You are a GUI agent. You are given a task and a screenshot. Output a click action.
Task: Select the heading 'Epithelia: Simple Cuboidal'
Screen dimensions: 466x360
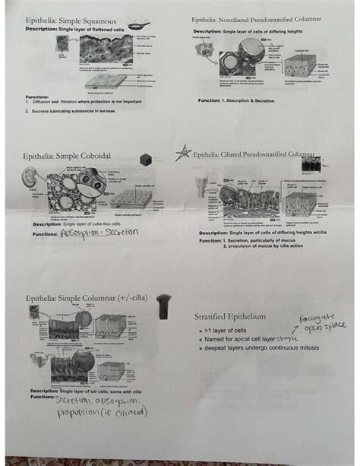click(x=68, y=155)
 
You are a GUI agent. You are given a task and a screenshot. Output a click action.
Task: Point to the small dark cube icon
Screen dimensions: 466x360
click(x=146, y=160)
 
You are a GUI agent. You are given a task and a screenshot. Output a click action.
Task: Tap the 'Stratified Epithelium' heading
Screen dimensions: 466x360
click(x=229, y=315)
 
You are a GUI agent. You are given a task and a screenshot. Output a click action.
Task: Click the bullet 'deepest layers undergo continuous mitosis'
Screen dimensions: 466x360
click(x=260, y=348)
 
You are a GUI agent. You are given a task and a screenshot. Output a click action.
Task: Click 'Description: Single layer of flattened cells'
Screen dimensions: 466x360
click(x=74, y=29)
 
